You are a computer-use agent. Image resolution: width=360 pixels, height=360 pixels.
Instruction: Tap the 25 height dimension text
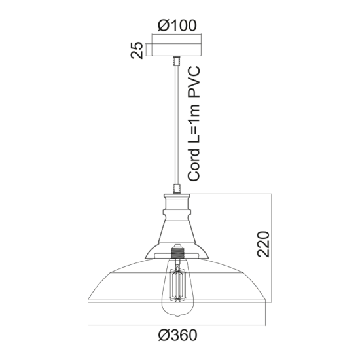pyautogui.click(x=137, y=50)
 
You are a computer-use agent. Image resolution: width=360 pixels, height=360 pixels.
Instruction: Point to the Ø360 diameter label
pyautogui.click(x=178, y=335)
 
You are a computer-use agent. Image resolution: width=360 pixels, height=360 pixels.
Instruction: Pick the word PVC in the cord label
pyautogui.click(x=194, y=81)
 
